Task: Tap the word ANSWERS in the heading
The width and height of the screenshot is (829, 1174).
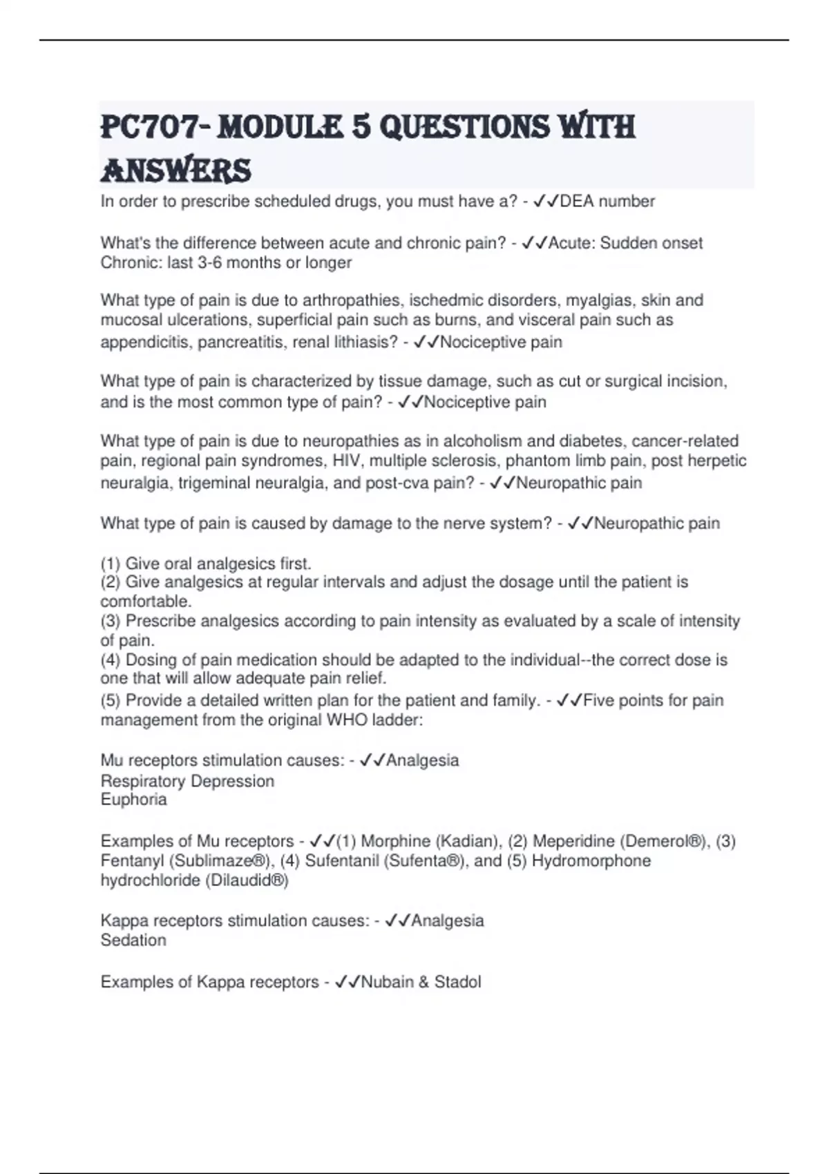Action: click(x=175, y=171)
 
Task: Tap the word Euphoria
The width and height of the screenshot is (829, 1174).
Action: click(x=133, y=800)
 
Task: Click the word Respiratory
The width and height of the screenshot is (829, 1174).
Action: click(x=142, y=781)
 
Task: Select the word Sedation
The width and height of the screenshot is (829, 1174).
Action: click(x=133, y=941)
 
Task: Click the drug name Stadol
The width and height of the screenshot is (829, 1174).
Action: click(x=457, y=982)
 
